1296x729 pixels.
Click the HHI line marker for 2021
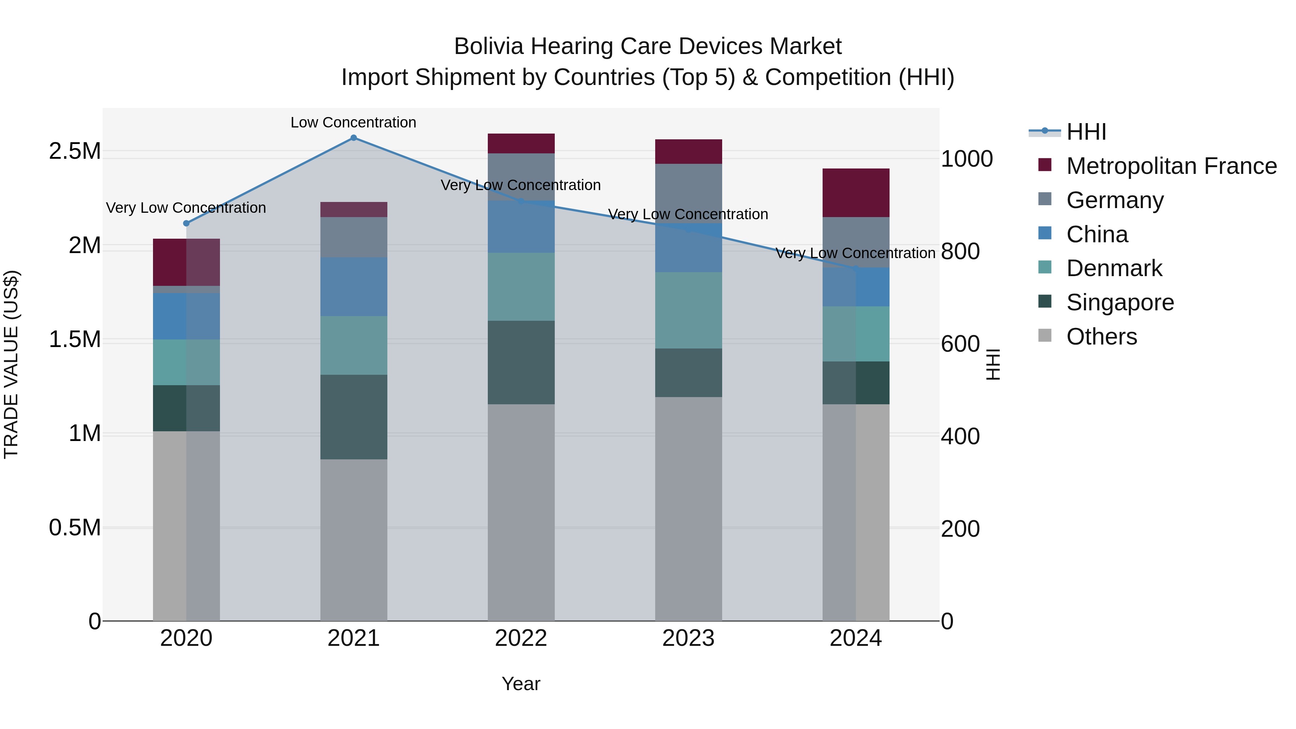point(354,138)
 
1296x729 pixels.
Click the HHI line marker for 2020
point(186,223)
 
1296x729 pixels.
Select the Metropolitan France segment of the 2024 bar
point(856,193)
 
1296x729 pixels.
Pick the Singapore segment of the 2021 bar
point(354,417)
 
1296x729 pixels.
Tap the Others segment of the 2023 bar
point(688,509)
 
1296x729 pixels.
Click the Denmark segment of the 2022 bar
point(521,287)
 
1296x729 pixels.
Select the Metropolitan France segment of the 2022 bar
point(521,143)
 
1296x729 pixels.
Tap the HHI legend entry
point(1086,132)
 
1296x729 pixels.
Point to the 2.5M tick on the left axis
point(75,151)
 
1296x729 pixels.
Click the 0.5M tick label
point(75,528)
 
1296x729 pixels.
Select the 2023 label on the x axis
point(688,638)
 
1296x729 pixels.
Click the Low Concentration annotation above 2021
point(353,122)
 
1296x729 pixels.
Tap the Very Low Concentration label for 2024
point(855,253)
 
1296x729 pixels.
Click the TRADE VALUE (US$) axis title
point(11,364)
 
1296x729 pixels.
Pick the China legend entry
point(1097,234)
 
